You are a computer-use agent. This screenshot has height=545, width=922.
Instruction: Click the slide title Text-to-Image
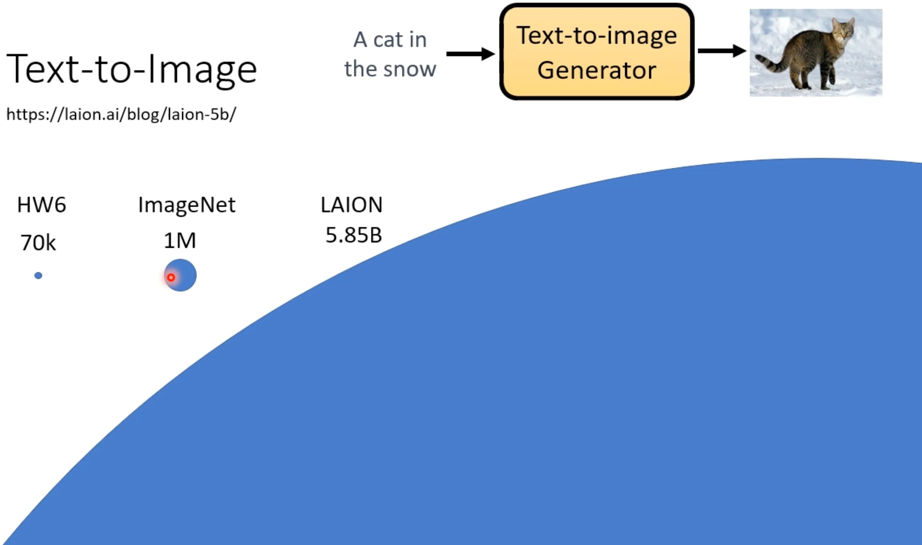[x=131, y=70]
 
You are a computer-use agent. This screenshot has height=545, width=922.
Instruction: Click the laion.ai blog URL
[x=121, y=114]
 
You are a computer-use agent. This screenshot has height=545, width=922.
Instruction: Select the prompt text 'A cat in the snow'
[x=390, y=54]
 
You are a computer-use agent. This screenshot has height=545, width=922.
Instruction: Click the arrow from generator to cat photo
[x=722, y=51]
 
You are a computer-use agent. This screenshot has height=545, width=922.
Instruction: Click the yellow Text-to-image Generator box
[x=597, y=51]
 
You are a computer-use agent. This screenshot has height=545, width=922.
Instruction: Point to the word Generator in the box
[x=597, y=70]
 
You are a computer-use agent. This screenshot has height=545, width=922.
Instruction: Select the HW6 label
[x=42, y=205]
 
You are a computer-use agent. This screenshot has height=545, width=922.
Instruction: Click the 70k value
[x=38, y=243]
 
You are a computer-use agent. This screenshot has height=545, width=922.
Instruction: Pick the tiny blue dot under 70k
[x=38, y=275]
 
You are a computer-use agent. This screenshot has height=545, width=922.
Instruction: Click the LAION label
[x=352, y=205]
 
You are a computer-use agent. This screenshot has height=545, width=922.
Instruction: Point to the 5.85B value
[x=354, y=235]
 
